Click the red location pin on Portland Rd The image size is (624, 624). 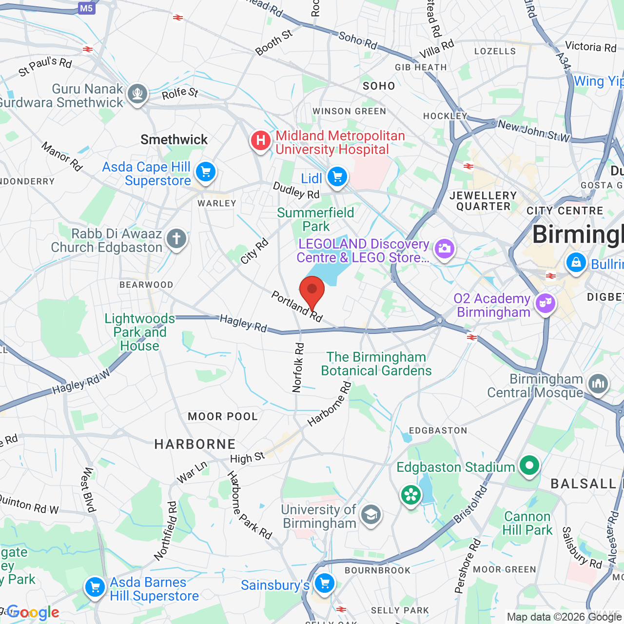tap(312, 290)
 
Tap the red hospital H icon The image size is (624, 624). tap(261, 141)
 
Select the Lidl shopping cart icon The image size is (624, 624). tap(337, 177)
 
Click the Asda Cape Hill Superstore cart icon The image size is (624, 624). tap(206, 172)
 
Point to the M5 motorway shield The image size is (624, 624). tap(86, 8)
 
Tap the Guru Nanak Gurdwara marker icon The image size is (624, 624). tap(137, 93)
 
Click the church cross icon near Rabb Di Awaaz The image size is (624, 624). tap(176, 239)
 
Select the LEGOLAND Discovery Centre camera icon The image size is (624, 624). tap(444, 249)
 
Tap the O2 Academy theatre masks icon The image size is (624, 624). tap(546, 304)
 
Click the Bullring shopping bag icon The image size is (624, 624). tap(576, 263)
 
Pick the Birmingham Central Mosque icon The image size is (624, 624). tap(598, 384)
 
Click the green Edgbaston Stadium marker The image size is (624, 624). tap(529, 466)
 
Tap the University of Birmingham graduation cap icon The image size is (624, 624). tap(371, 514)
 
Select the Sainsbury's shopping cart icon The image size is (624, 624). tap(324, 583)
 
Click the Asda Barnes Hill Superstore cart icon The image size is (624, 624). tap(95, 587)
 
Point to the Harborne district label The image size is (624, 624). tap(195, 444)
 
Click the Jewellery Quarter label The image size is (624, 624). tap(483, 201)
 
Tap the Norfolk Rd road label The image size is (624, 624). tap(298, 368)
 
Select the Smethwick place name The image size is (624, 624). tap(174, 139)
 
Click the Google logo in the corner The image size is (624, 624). tap(33, 613)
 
